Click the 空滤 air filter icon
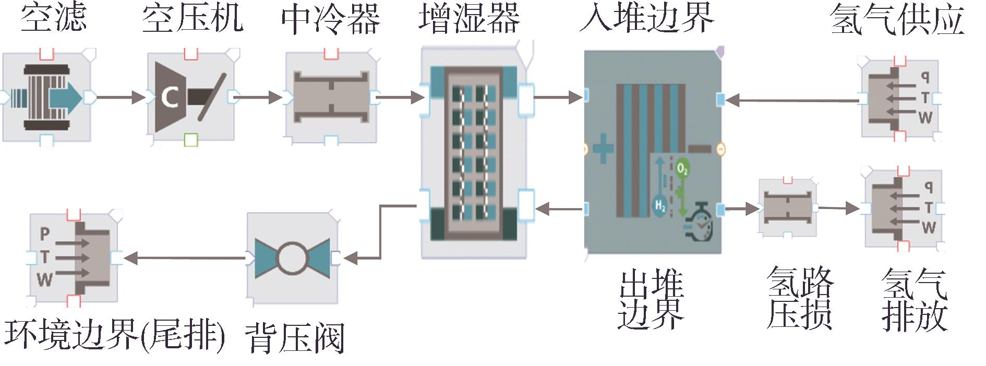(47, 97)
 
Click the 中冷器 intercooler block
(331, 97)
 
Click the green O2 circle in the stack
(682, 169)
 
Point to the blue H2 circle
(660, 205)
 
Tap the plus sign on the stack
(603, 149)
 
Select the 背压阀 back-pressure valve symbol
(292, 258)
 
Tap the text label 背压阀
(295, 338)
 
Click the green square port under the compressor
(191, 139)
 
